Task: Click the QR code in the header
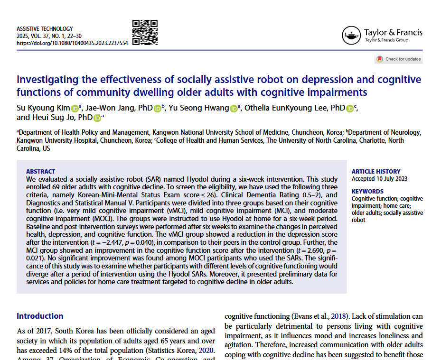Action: pyautogui.click(x=145, y=33)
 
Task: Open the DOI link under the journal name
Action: pyautogui.click(x=72, y=43)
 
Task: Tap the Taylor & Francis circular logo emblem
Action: pyautogui.click(x=351, y=36)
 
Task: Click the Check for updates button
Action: pyautogui.click(x=399, y=59)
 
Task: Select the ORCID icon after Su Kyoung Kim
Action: pyautogui.click(x=75, y=109)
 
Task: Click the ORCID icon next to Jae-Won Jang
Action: pyautogui.click(x=158, y=109)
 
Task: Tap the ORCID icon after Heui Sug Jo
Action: pyautogui.click(x=97, y=118)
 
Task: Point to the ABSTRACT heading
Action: pyautogui.click(x=40, y=171)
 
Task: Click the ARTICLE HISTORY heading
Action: pyautogui.click(x=376, y=171)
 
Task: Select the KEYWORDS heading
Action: pyautogui.click(x=367, y=191)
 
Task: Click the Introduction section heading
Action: pyautogui.click(x=40, y=316)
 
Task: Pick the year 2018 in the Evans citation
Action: pyautogui.click(x=338, y=316)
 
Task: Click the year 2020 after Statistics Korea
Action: pyautogui.click(x=206, y=351)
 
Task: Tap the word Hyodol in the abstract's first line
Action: pyautogui.click(x=197, y=179)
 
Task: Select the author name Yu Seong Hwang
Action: pyautogui.click(x=199, y=108)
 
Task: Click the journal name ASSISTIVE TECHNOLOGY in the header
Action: pyautogui.click(x=45, y=29)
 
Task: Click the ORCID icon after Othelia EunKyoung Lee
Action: pyautogui.click(x=350, y=109)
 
